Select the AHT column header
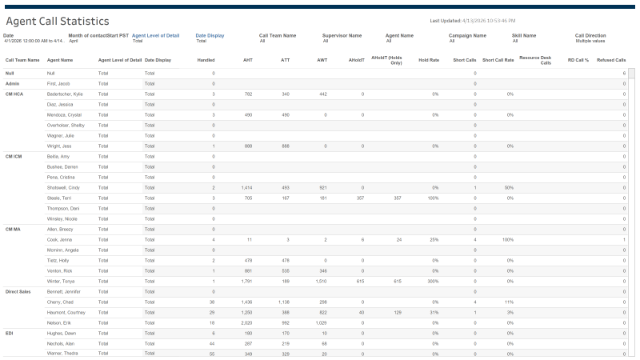click(x=248, y=60)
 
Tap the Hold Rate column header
click(x=429, y=60)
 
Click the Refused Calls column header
click(x=611, y=60)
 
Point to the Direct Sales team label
click(x=17, y=291)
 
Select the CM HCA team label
click(x=14, y=94)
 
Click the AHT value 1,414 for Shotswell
click(x=246, y=187)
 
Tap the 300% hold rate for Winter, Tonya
click(x=433, y=281)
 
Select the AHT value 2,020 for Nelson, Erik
click(x=246, y=322)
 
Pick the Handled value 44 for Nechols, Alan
click(x=211, y=343)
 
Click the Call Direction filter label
click(x=590, y=35)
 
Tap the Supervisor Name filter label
click(x=342, y=35)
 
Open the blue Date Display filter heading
click(x=210, y=35)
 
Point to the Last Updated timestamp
click(x=472, y=20)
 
